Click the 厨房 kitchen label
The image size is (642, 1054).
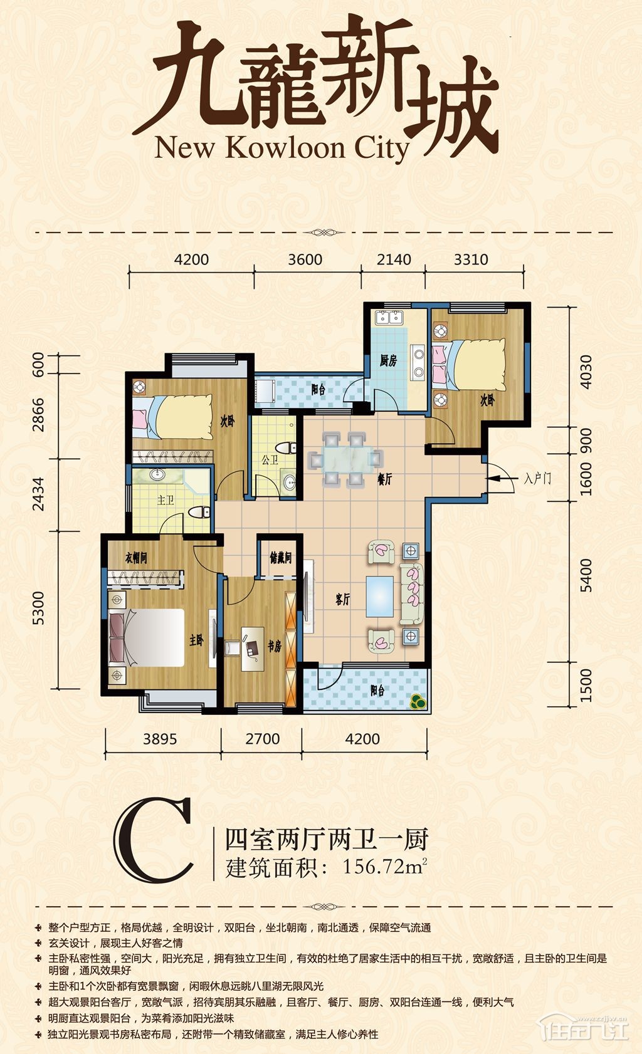(388, 360)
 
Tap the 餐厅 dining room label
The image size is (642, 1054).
(384, 479)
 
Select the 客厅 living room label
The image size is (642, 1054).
(343, 599)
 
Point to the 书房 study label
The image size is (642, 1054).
(275, 646)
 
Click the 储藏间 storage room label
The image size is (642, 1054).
(280, 558)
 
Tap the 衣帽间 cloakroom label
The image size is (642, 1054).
(136, 558)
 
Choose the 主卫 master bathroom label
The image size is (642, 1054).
(166, 499)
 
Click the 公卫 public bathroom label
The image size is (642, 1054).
(270, 460)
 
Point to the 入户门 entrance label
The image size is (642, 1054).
(537, 479)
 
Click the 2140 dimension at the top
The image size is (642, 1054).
(394, 259)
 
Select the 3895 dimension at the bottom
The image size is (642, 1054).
(159, 739)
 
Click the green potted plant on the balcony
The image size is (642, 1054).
(417, 702)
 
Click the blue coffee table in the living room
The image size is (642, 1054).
(380, 596)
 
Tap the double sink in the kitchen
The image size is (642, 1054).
(389, 318)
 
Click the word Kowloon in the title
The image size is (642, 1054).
(286, 149)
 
